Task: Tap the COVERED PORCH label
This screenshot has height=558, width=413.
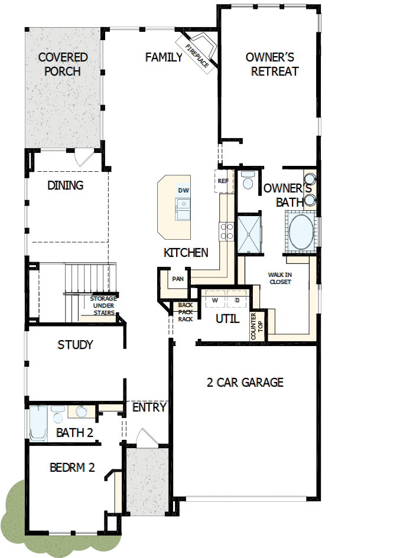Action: [x=63, y=64]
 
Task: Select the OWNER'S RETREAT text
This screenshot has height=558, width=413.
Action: [x=272, y=64]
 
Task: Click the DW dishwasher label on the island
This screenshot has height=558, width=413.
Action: [x=183, y=190]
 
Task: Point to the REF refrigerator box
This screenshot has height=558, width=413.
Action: [x=223, y=181]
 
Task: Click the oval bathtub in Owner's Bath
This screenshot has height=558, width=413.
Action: [x=303, y=233]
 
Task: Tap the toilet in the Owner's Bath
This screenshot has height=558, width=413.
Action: [x=248, y=181]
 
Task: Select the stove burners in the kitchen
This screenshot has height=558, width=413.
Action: [x=226, y=231]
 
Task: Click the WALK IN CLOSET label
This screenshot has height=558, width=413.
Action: [x=280, y=278]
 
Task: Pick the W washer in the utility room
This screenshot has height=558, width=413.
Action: [x=214, y=301]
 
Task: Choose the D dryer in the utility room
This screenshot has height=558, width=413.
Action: [x=237, y=301]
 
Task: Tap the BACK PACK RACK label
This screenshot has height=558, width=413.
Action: [x=185, y=312]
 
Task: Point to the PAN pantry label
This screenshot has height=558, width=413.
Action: [x=177, y=278]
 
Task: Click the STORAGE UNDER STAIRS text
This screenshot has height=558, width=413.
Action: [x=103, y=305]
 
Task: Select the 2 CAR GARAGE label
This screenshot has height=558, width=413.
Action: [x=245, y=382]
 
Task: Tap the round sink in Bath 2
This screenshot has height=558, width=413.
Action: [x=82, y=412]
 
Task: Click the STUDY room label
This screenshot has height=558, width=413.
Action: [x=75, y=345]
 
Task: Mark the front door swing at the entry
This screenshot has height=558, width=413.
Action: [x=145, y=438]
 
